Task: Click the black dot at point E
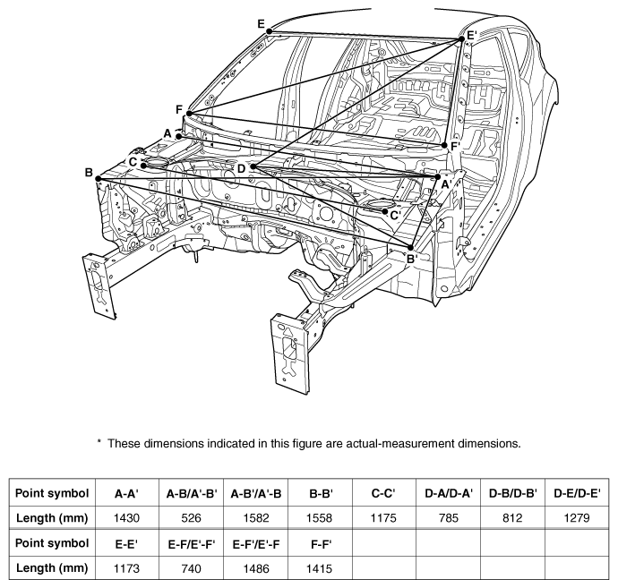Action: tap(270, 31)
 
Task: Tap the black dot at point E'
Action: tap(461, 38)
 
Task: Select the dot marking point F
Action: tap(189, 114)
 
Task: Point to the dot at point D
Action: tap(253, 167)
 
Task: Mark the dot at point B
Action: tap(99, 179)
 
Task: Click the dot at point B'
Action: tap(410, 248)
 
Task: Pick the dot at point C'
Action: tap(384, 211)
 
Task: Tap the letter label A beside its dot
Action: tap(167, 133)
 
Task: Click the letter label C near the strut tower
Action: tap(133, 162)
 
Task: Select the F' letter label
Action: tap(455, 147)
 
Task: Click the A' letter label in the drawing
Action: tap(446, 184)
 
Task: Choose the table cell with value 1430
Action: tap(126, 517)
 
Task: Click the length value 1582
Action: tap(256, 517)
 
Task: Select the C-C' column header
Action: tap(383, 493)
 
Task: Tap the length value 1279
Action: tap(577, 517)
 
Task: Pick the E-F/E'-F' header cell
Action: tap(191, 543)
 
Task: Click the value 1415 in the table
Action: tap(319, 568)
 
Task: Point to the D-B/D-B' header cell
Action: tap(512, 493)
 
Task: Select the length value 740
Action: tap(191, 568)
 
